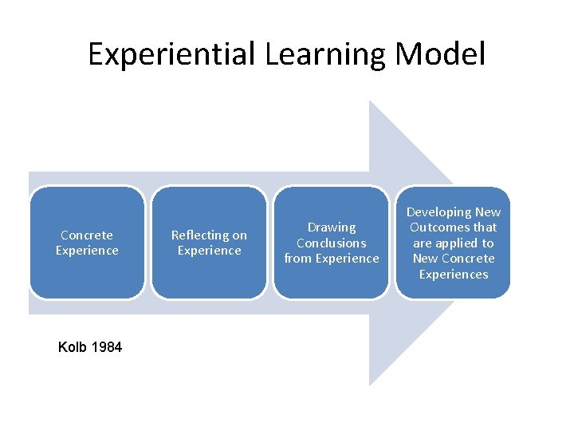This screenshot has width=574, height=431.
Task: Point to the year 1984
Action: click(x=107, y=347)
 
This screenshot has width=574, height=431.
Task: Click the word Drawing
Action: click(x=332, y=227)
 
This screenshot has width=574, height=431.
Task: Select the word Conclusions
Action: click(x=332, y=243)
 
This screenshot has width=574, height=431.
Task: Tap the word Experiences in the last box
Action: click(x=454, y=274)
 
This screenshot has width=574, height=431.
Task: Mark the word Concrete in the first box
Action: click(x=87, y=235)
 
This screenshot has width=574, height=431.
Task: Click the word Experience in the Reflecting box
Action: click(x=209, y=251)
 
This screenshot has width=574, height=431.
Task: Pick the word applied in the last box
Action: click(x=463, y=243)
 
